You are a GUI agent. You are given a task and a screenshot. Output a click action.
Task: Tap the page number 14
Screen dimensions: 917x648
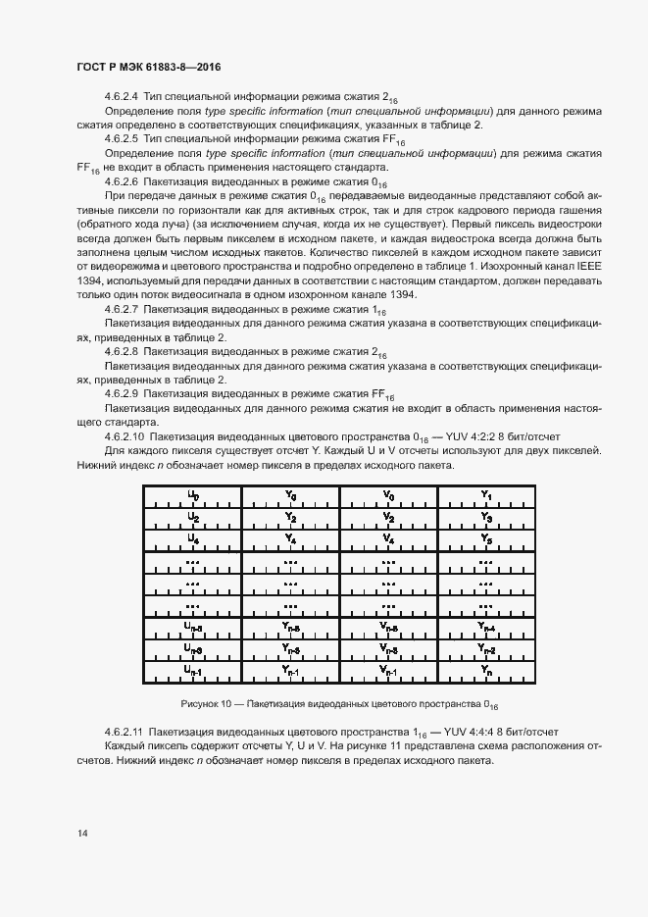point(82,834)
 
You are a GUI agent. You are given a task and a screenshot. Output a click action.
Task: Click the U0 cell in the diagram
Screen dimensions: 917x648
point(193,495)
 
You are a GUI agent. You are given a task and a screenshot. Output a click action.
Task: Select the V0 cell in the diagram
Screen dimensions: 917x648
point(389,495)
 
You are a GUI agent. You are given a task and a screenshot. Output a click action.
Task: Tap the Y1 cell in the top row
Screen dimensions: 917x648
point(486,495)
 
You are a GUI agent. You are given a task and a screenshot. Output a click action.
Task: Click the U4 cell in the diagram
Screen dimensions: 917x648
point(193,539)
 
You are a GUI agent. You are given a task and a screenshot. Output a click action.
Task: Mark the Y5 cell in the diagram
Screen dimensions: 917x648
point(486,539)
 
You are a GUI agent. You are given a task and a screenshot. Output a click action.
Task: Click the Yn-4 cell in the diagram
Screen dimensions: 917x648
point(486,627)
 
